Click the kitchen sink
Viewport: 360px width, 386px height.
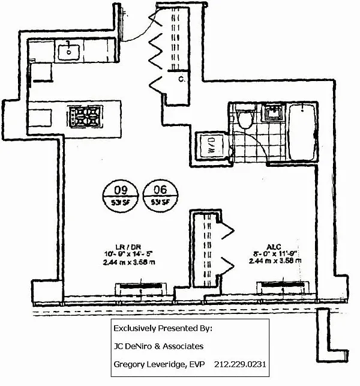71,50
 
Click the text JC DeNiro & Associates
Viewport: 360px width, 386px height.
158,346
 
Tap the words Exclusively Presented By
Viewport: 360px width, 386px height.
163,328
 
